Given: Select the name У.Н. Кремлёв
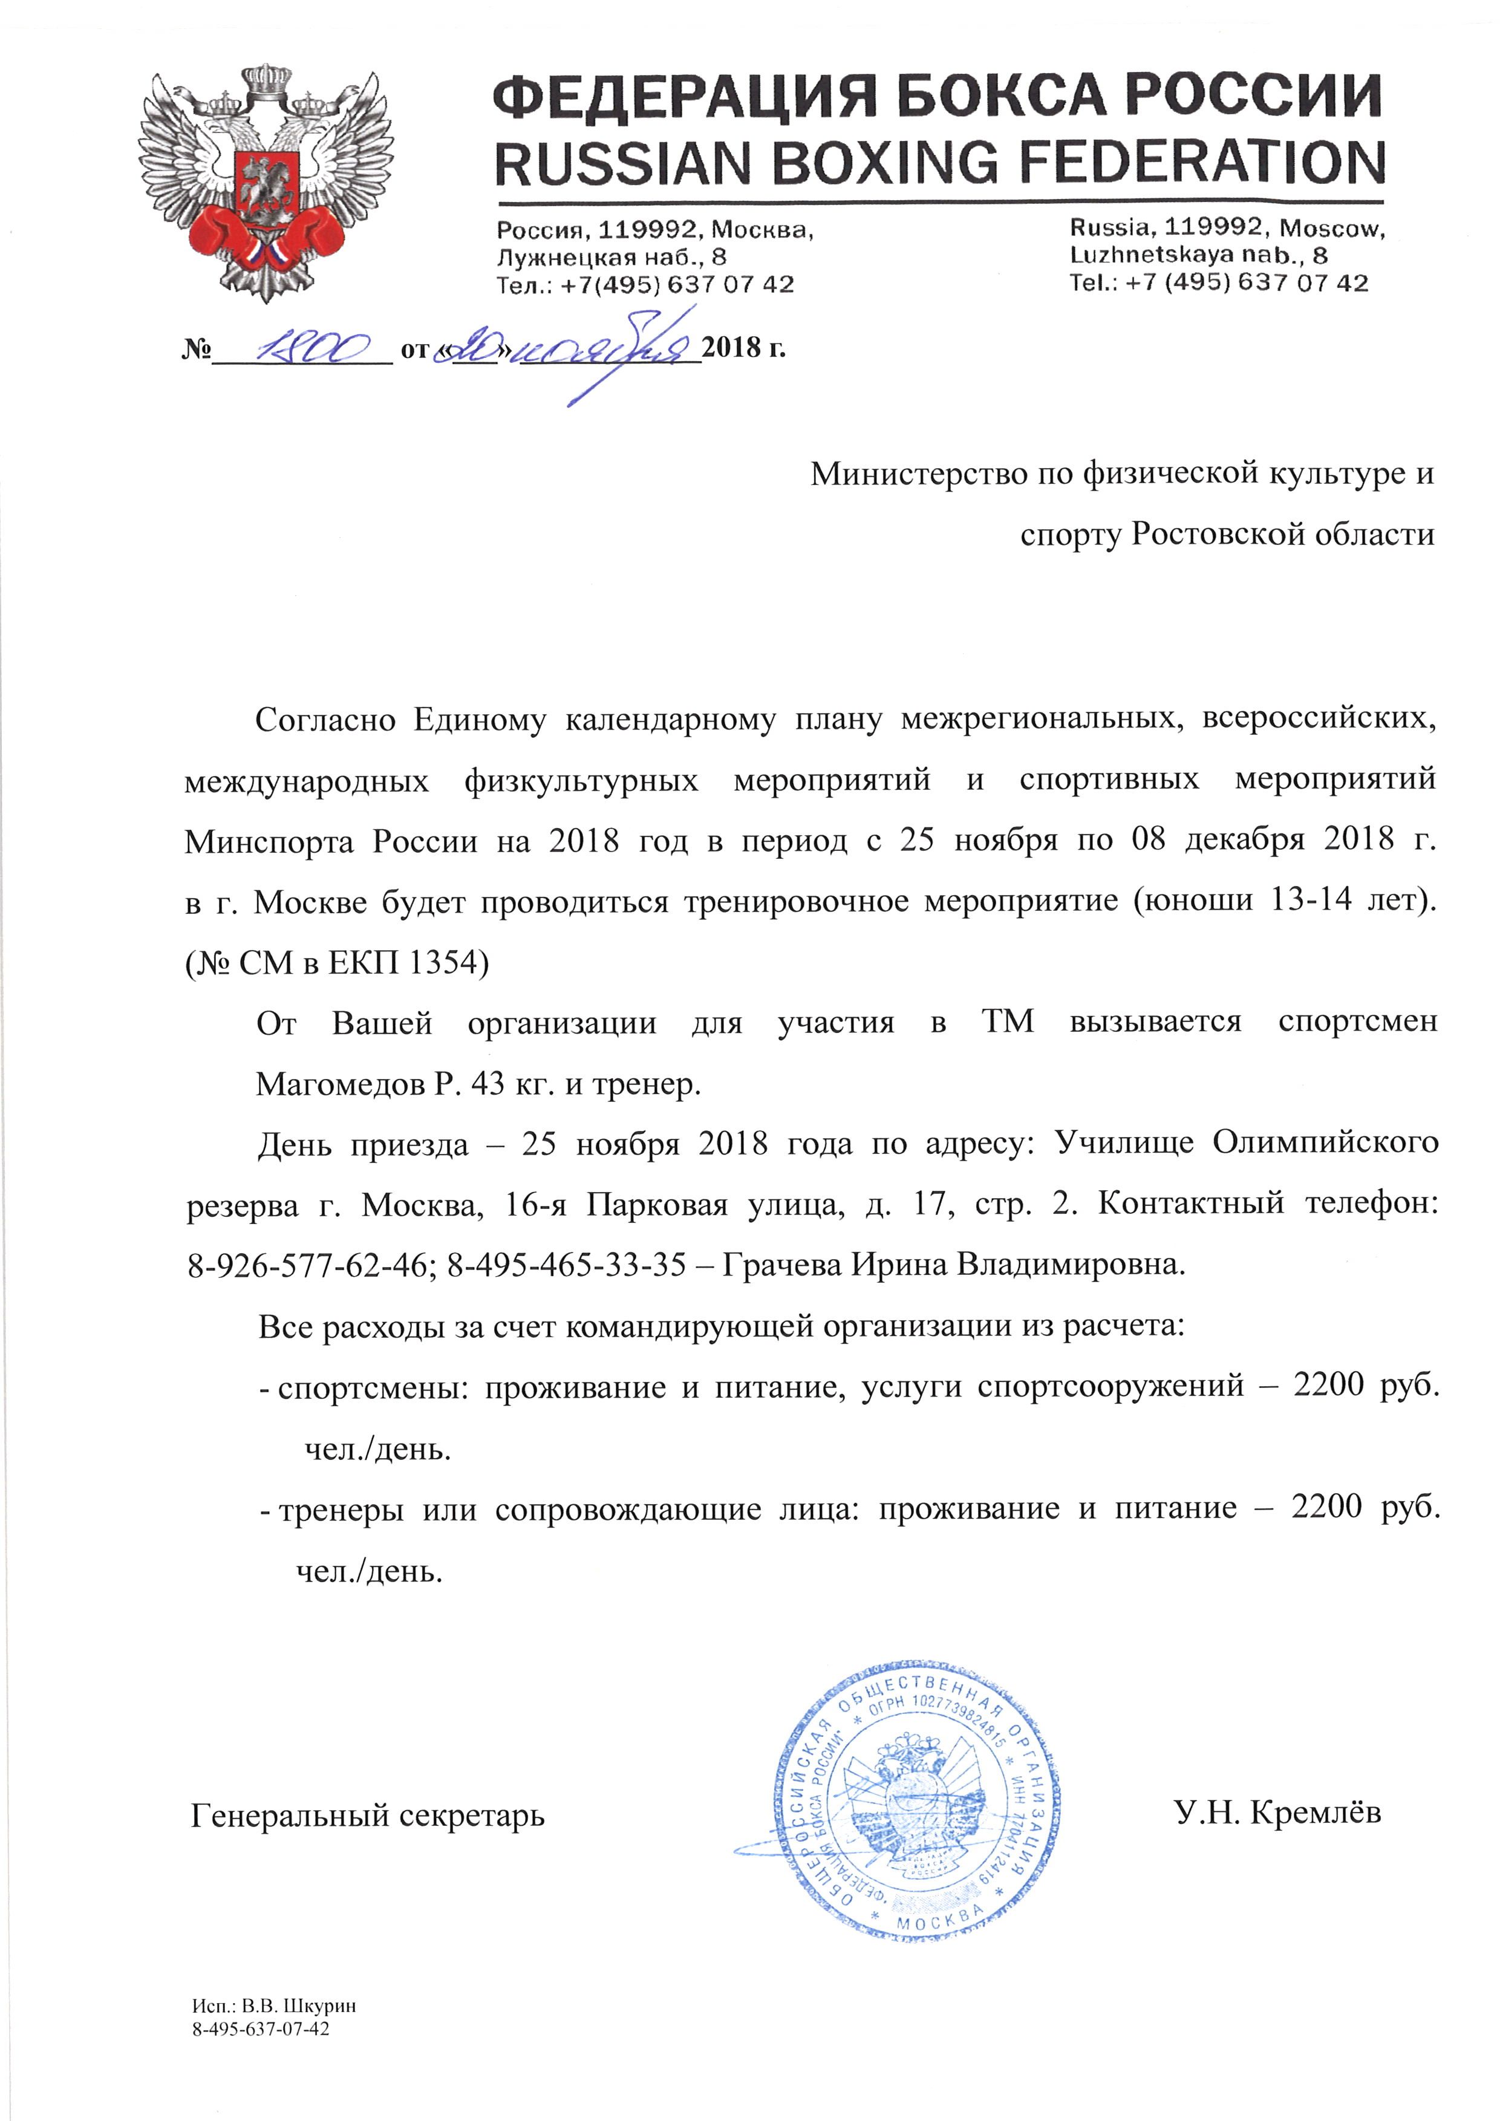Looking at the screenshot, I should click(1278, 1813).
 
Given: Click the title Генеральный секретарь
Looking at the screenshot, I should click(368, 1815).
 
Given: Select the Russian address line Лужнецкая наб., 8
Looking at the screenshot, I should click(611, 257).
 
